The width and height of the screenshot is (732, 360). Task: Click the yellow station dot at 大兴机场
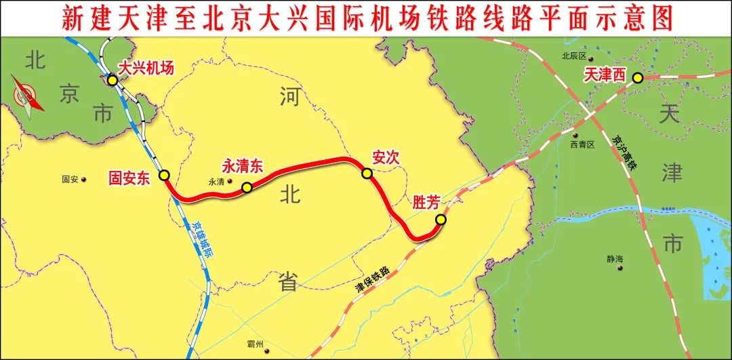[113, 80]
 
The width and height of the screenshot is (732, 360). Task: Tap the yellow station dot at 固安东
[164, 175]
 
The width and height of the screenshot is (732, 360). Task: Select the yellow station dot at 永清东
[247, 187]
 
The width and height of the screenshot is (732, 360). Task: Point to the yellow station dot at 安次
[367, 174]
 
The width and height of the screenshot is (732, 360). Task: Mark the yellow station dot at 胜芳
[441, 219]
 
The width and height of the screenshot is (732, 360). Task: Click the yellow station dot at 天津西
[638, 78]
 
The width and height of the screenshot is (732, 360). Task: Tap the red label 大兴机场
[146, 68]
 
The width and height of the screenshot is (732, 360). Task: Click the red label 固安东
[129, 178]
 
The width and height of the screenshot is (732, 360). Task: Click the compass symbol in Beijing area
[27, 97]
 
